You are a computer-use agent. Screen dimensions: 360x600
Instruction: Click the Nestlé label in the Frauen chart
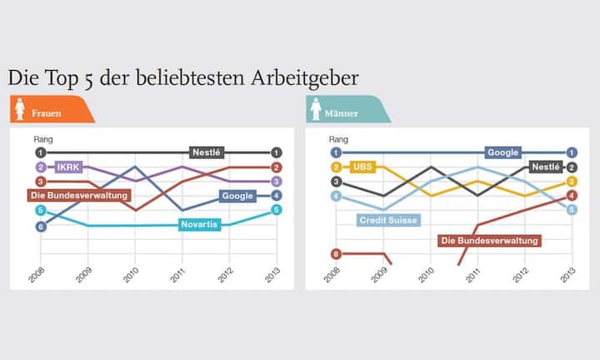[206, 152]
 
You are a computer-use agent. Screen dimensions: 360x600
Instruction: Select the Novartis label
[200, 225]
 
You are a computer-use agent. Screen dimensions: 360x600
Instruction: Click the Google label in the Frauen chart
[237, 196]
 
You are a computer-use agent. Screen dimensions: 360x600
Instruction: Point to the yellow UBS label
[362, 167]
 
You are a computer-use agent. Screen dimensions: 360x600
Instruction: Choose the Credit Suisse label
[387, 220]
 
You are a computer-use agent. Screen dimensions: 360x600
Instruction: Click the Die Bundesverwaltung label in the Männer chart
[489, 240]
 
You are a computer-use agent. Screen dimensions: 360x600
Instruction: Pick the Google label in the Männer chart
[502, 152]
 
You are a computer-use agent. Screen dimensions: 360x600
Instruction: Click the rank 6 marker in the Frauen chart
[40, 226]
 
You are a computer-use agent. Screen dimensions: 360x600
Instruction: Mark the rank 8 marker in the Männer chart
[336, 253]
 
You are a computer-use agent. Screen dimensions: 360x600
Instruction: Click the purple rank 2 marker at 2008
[40, 167]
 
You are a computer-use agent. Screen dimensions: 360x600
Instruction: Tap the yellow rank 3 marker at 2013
[572, 182]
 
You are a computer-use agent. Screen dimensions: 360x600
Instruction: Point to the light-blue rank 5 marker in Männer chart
[572, 210]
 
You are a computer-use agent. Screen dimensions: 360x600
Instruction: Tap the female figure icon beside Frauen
[20, 110]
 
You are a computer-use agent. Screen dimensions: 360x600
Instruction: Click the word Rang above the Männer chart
[338, 139]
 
